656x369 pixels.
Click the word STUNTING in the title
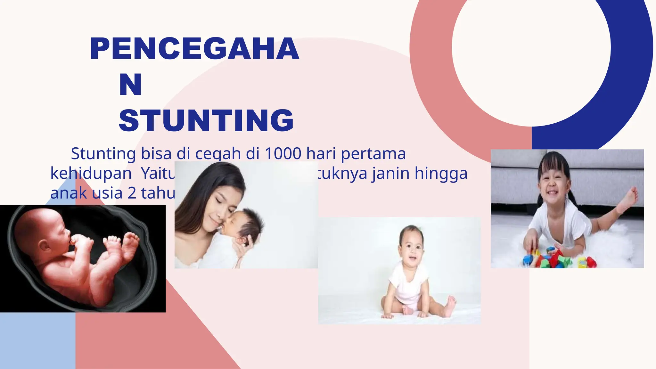pyautogui.click(x=206, y=120)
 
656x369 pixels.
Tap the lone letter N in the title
pyautogui.click(x=130, y=85)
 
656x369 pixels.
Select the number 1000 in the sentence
pyautogui.click(x=283, y=153)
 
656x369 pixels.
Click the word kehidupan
pyautogui.click(x=91, y=174)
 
